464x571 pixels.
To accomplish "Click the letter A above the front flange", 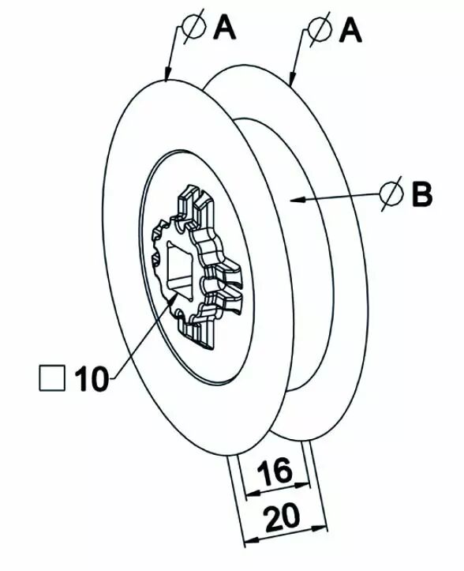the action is coord(225,28).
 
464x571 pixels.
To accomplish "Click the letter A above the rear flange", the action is coord(350,31).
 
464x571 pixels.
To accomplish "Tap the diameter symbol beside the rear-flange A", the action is coord(320,28).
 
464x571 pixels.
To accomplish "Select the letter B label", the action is coord(422,194).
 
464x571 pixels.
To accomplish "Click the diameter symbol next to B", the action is coord(391,193).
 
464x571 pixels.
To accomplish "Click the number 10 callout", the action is coord(92,378).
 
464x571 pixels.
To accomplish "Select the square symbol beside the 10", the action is coord(52,378).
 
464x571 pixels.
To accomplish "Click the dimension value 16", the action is coord(279,471).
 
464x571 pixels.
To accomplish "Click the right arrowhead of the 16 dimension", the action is coord(303,486).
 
